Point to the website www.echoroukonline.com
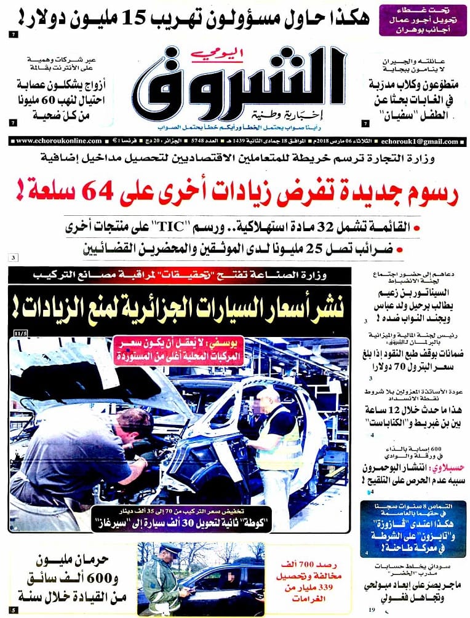(x=53, y=141)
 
